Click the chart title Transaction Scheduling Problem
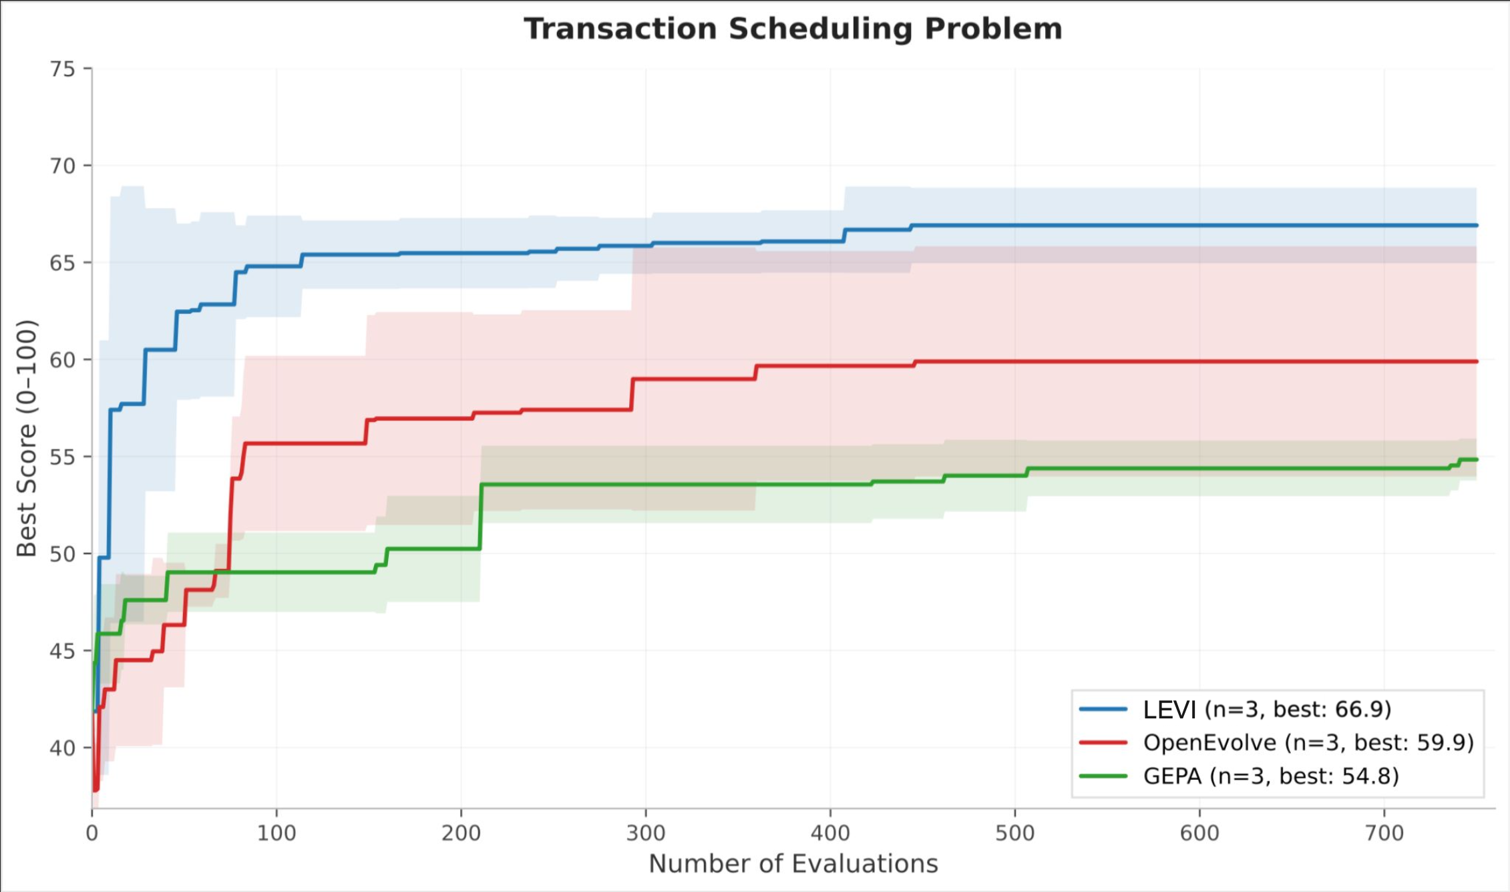click(x=793, y=29)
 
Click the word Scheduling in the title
click(x=820, y=29)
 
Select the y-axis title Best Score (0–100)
click(x=26, y=438)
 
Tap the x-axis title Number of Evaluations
click(x=793, y=863)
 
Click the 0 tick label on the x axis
click(x=92, y=833)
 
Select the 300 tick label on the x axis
click(x=646, y=833)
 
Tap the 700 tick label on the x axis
click(x=1384, y=833)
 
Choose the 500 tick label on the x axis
click(x=1015, y=833)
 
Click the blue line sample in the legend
click(x=1103, y=709)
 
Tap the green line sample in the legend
click(x=1103, y=776)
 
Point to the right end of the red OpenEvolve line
click(x=1477, y=361)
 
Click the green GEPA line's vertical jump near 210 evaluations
click(x=480, y=517)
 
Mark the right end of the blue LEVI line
click(x=1477, y=226)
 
